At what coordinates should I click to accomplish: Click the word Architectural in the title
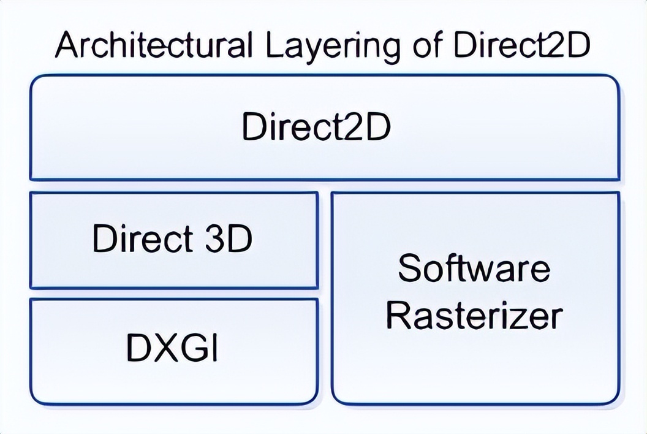click(154, 45)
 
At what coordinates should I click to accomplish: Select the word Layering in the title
click(333, 47)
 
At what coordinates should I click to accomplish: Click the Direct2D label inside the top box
click(316, 126)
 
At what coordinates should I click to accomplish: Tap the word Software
click(474, 268)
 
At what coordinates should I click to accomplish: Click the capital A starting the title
click(69, 45)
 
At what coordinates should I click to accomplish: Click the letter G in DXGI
click(195, 348)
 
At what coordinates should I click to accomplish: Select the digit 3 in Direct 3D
click(214, 238)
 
